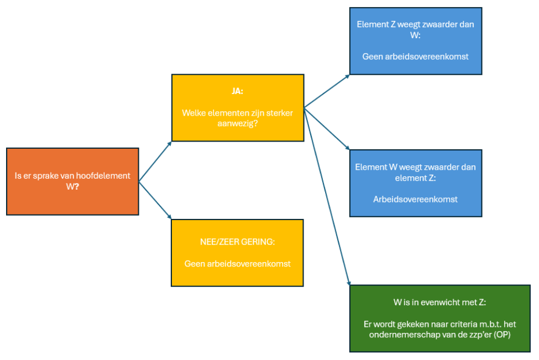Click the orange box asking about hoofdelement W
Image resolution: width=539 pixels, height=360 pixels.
(72, 181)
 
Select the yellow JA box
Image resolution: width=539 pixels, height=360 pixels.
(237, 108)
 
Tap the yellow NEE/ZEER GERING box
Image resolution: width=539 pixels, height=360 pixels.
(237, 253)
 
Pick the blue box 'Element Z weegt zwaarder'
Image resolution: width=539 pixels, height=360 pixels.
(415, 40)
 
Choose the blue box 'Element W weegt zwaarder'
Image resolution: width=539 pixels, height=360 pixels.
(415, 183)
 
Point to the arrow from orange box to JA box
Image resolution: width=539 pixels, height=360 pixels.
(155, 161)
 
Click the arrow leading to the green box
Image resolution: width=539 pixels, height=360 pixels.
(327, 196)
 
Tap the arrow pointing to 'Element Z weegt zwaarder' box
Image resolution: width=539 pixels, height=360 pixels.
(327, 91)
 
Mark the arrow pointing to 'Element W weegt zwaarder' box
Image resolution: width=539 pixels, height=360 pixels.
(327, 129)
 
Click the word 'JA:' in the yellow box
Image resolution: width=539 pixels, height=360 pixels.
(237, 91)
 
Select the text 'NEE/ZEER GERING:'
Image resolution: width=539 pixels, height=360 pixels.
(237, 242)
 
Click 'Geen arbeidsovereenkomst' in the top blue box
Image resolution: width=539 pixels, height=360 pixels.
(415, 56)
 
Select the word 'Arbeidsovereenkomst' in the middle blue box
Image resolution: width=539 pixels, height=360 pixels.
(415, 199)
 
